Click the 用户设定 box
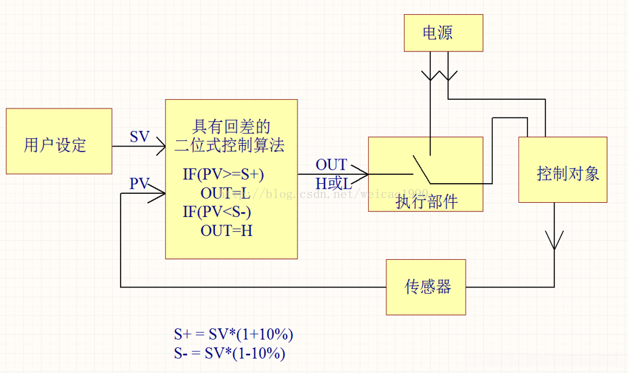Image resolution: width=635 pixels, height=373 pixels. point(59,141)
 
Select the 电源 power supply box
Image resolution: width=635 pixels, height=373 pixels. point(443,33)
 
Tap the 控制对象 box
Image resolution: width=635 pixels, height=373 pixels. point(562,170)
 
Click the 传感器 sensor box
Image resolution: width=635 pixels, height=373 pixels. point(426,287)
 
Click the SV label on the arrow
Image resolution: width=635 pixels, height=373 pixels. point(140,136)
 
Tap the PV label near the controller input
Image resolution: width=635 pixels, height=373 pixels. point(139,183)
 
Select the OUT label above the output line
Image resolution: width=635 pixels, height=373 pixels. point(331,165)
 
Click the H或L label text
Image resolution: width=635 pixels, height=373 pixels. point(333,183)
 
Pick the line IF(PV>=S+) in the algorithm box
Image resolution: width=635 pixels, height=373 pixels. point(223,174)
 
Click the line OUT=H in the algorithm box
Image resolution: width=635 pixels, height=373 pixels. point(226,231)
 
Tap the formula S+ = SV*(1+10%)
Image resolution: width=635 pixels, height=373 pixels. point(233,334)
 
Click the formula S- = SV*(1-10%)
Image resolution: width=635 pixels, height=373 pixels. point(229,353)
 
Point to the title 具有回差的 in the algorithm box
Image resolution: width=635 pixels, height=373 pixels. point(231,126)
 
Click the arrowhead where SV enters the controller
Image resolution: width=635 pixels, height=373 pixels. point(160,144)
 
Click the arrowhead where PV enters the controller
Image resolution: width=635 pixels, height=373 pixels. point(160,194)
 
